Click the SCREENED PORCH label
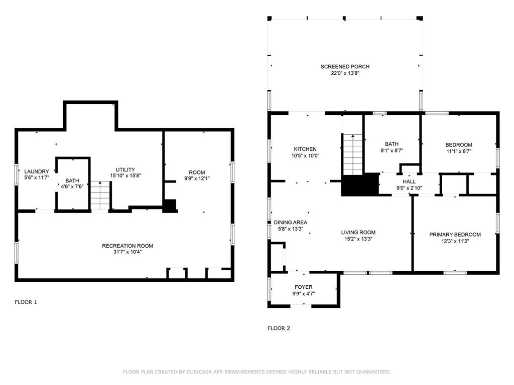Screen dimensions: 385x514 tap(345, 67)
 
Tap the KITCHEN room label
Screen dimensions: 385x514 tap(305, 149)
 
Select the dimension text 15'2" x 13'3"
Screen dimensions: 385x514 tap(358, 239)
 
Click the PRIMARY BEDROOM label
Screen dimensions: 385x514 tap(455, 235)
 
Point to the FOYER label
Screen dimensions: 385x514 tap(303, 287)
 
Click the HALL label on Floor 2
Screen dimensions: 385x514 tap(409, 181)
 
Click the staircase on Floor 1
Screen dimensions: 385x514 tap(100, 195)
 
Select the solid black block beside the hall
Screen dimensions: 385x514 tap(360, 184)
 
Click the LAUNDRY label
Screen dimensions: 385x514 tap(37, 171)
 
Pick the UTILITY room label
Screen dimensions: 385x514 tap(125, 169)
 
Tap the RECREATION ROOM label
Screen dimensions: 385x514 tap(127, 246)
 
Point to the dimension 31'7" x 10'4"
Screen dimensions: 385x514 tap(127, 252)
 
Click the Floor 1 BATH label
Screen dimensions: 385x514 tap(72, 181)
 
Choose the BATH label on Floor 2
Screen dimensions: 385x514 tap(392, 143)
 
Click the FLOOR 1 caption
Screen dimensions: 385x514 tap(26, 302)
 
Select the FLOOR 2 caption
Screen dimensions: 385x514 tap(279, 328)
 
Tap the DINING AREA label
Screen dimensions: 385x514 tap(290, 223)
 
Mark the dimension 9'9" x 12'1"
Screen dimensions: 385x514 tap(194, 178)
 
